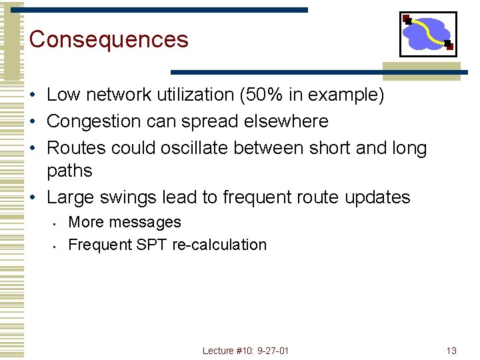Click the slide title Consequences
(109, 39)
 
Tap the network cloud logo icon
(427, 34)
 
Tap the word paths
(69, 171)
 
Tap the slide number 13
(451, 351)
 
